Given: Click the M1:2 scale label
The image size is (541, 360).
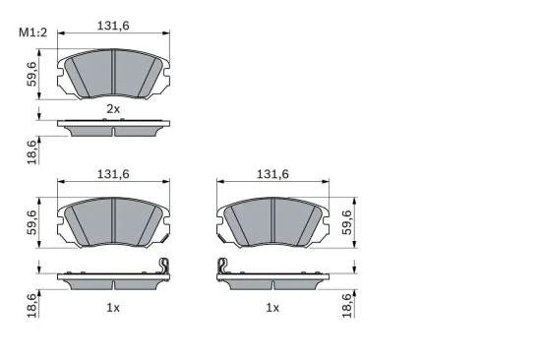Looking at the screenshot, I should [x=33, y=36].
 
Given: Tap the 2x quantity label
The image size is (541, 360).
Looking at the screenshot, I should [x=113, y=108].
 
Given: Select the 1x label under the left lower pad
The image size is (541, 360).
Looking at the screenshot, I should [x=113, y=308].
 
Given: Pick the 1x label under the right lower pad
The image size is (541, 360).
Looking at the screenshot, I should [x=272, y=308].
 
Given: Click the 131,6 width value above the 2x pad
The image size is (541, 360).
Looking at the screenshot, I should [x=113, y=27].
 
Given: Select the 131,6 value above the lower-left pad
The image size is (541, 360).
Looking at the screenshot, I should [x=113, y=174].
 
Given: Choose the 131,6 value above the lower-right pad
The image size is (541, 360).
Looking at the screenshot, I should [x=272, y=174].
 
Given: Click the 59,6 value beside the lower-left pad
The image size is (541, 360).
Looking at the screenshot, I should [x=32, y=224].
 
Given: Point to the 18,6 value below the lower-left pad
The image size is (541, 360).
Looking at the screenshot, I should [x=32, y=306].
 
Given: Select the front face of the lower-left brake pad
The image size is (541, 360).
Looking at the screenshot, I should [x=113, y=222].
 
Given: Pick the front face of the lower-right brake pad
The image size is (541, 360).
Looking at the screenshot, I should [x=272, y=222].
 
